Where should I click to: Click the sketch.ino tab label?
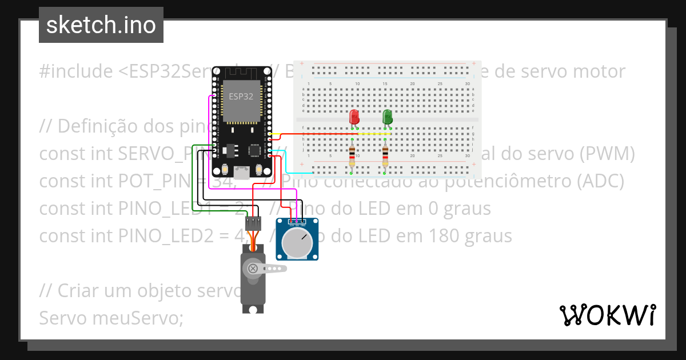(x=101, y=25)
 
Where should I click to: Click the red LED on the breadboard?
(x=354, y=117)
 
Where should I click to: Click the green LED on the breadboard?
(x=388, y=117)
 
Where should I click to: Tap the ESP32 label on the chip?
(x=241, y=97)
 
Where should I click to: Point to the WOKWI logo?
(x=608, y=315)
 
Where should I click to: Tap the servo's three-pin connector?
(x=253, y=221)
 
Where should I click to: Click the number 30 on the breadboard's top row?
(x=468, y=84)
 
